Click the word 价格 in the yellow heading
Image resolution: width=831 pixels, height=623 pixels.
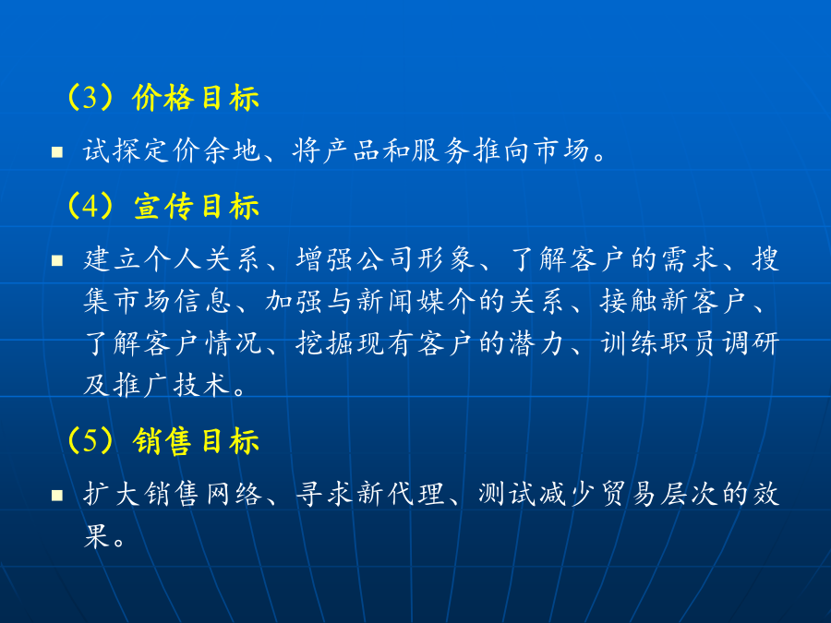click(x=163, y=98)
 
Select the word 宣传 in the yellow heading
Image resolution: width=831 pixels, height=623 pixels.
click(x=163, y=206)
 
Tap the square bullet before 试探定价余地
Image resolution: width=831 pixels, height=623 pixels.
click(x=57, y=152)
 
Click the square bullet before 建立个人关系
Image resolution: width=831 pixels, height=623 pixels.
click(x=57, y=260)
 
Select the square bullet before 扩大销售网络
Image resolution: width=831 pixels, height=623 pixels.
click(x=57, y=496)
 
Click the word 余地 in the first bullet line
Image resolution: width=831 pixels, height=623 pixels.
click(x=234, y=150)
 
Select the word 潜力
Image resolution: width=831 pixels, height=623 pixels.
click(x=536, y=343)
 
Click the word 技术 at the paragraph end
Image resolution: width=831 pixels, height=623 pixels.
click(x=202, y=385)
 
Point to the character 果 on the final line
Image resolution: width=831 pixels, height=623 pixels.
click(x=96, y=536)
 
